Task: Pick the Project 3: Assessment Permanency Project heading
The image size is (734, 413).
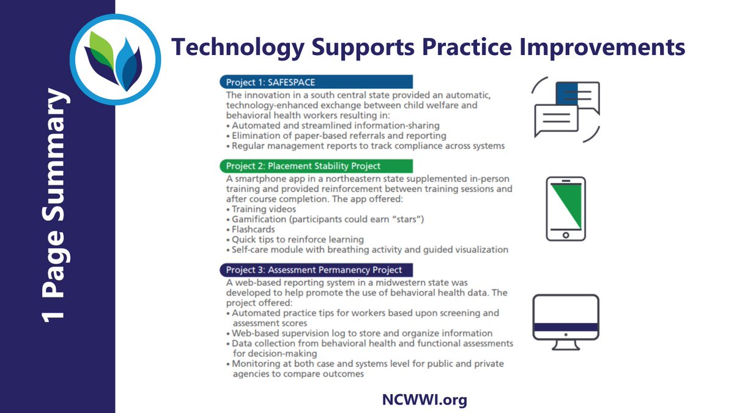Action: tap(315, 269)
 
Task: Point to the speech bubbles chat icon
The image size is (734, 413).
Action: tap(566, 109)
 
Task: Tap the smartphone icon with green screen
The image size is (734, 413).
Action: tap(565, 208)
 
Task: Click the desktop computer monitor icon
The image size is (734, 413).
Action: tap(566, 321)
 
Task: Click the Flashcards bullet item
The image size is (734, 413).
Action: tap(254, 229)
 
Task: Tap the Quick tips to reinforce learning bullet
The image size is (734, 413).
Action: tap(297, 239)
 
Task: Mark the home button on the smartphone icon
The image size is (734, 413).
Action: tap(565, 235)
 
